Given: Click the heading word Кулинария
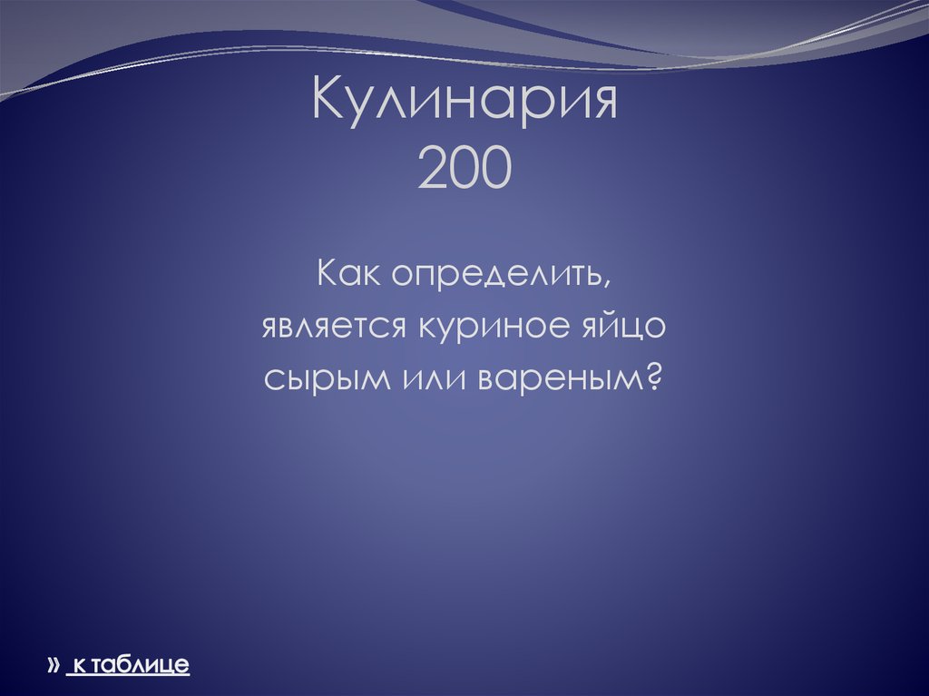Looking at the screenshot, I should coord(464,102).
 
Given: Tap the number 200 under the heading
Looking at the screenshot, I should coord(464,169).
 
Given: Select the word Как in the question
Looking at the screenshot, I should coord(351,273).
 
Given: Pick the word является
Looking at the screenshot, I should coord(334,327).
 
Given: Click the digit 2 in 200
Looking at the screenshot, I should coord(434,169).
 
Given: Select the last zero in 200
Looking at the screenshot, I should coord(495,169).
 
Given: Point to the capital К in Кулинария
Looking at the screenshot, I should coord(328,102).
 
